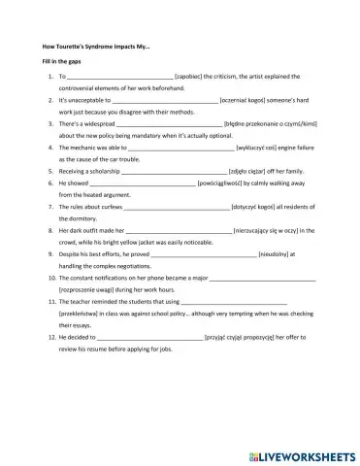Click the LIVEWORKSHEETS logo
(x=298, y=451)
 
